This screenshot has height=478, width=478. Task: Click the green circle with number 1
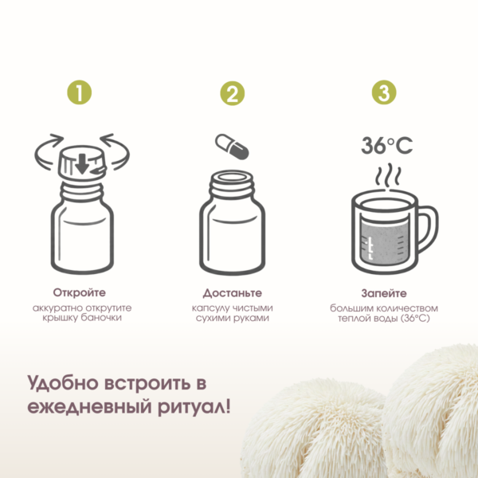click(x=79, y=92)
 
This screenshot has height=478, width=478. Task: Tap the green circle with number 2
click(x=233, y=93)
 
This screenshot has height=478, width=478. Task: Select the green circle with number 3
click(x=384, y=92)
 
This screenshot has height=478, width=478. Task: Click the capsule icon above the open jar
click(x=232, y=147)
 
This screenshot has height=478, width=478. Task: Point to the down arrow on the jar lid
click(x=82, y=164)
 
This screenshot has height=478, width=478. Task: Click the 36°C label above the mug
click(x=387, y=146)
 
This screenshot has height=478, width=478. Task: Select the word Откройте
click(x=79, y=292)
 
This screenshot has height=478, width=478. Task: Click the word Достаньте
click(x=233, y=293)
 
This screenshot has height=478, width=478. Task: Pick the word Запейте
click(x=384, y=293)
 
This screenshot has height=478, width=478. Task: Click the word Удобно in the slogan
click(x=62, y=382)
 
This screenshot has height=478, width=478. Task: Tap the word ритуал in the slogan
click(x=191, y=407)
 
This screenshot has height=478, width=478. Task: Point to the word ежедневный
click(x=89, y=407)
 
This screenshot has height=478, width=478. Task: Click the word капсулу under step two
click(x=211, y=308)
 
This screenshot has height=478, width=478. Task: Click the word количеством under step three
click(x=407, y=308)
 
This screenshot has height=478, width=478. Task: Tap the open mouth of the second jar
click(x=232, y=178)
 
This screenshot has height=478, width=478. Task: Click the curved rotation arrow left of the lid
click(x=48, y=151)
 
